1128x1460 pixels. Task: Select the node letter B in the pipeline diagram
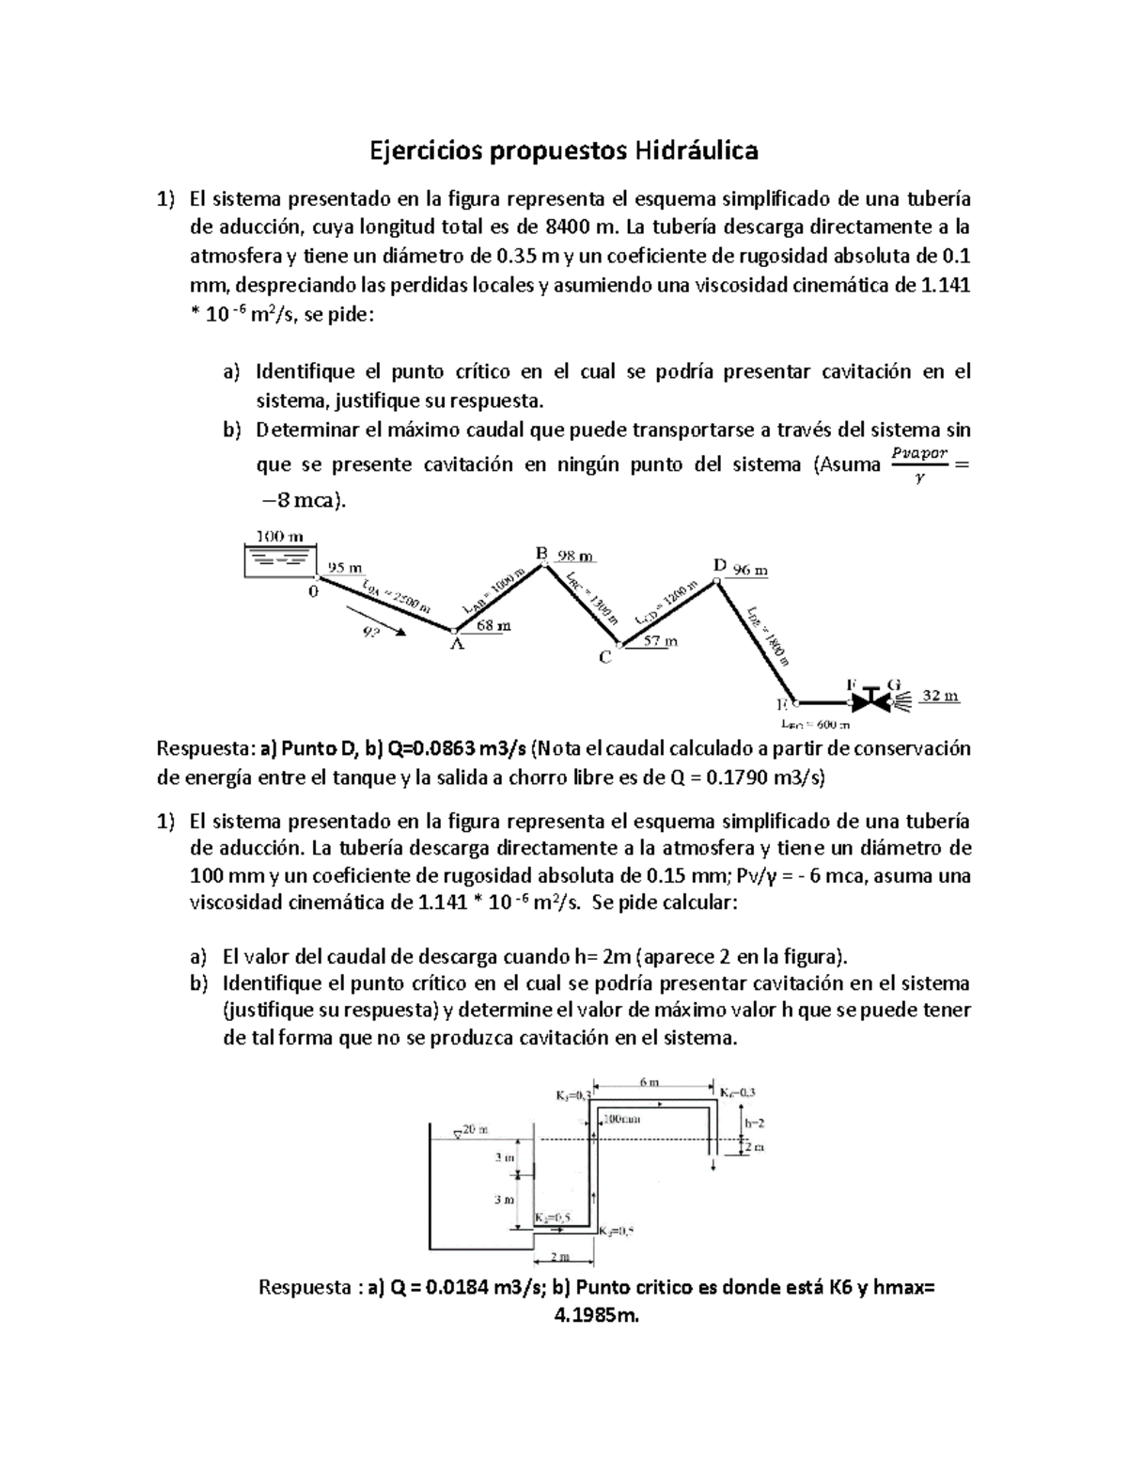541,554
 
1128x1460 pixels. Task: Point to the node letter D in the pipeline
719,566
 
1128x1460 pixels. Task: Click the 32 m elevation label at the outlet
939,696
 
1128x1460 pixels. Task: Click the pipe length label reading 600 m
816,725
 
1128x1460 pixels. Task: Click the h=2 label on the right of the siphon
755,1122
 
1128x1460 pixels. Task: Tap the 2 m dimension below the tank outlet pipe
560,1256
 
